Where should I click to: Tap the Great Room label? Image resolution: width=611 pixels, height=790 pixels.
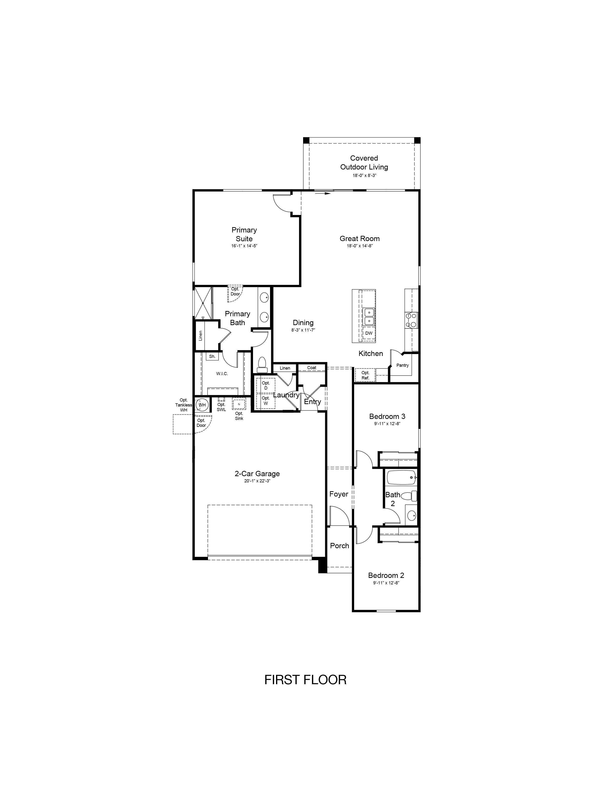click(359, 238)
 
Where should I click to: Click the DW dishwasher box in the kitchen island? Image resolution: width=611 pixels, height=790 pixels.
click(369, 333)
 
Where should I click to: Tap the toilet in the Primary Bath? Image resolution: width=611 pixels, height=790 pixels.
click(261, 365)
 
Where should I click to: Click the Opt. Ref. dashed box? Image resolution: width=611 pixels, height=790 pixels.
click(365, 375)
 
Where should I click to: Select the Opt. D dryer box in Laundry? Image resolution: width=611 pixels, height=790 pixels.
click(266, 385)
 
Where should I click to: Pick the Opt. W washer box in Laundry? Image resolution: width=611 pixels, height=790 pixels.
click(266, 401)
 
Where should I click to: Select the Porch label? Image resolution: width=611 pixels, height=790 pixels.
click(340, 546)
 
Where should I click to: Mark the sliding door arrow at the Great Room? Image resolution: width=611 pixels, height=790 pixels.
click(323, 193)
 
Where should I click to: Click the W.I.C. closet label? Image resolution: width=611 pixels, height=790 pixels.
click(222, 374)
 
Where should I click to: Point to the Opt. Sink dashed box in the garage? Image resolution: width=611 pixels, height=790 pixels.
click(239, 404)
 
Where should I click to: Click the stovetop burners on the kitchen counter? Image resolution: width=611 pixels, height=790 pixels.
click(411, 320)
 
